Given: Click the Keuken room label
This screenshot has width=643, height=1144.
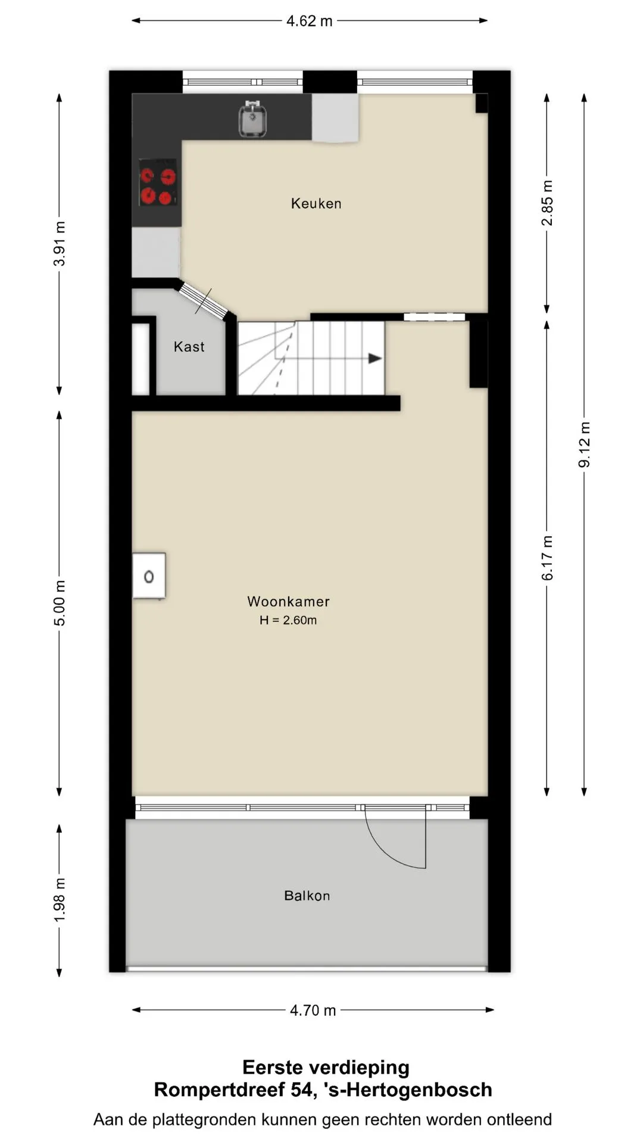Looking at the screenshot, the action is (316, 204).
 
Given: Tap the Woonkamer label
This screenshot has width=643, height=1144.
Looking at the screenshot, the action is (289, 602).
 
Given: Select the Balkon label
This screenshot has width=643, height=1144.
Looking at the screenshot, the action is (307, 896).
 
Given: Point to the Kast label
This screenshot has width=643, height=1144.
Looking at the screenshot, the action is (189, 347).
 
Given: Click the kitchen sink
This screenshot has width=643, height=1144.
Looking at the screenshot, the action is (253, 119).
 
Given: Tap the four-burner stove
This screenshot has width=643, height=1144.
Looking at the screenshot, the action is (158, 182).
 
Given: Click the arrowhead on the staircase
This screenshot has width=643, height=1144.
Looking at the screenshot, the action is (375, 359).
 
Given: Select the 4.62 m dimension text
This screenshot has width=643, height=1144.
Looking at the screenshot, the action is (310, 21).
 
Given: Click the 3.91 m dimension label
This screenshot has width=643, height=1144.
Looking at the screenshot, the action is (60, 244).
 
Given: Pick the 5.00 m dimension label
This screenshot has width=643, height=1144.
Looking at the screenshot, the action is (60, 603).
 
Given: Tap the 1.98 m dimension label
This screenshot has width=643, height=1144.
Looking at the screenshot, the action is (60, 900).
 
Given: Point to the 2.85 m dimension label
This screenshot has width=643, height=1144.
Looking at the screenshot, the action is (547, 203).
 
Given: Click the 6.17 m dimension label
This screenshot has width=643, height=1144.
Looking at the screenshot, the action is (547, 558).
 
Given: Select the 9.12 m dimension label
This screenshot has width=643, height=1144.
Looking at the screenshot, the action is (585, 444).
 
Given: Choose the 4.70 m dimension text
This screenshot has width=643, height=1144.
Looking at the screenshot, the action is (313, 1011).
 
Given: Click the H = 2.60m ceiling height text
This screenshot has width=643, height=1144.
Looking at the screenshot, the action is (288, 620).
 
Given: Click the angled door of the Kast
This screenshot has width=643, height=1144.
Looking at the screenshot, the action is (204, 301).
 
